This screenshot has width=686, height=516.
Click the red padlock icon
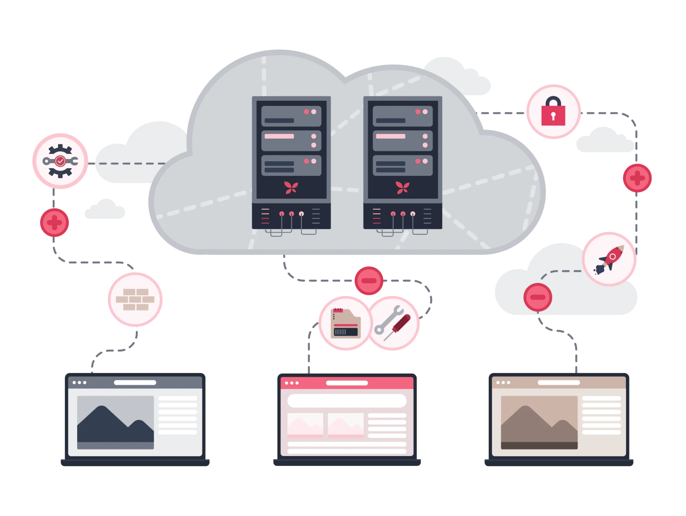tap(553, 112)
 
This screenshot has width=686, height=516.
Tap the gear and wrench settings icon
tap(60, 161)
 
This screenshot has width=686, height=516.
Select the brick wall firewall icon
tap(135, 299)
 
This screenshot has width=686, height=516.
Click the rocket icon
tap(610, 259)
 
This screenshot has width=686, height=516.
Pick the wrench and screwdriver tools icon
tap(393, 323)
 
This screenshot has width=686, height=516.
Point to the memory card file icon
tap(345, 323)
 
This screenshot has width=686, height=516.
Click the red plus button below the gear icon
tap(54, 223)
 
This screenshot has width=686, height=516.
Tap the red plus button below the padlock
tap(637, 178)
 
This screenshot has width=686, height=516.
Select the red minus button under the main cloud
tap(369, 280)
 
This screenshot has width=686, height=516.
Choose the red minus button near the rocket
tap(538, 297)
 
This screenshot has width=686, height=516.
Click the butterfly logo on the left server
tap(291, 187)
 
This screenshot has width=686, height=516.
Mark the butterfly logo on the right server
tap(403, 187)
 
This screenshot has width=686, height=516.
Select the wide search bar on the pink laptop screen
tap(347, 401)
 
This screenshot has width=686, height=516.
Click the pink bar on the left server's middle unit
tap(279, 136)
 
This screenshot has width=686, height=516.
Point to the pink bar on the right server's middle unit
tap(391, 136)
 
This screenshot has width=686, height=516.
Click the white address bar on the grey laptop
tap(135, 383)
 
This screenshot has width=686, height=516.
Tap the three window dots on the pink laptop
tap(292, 383)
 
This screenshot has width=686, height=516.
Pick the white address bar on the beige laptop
tap(559, 383)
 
